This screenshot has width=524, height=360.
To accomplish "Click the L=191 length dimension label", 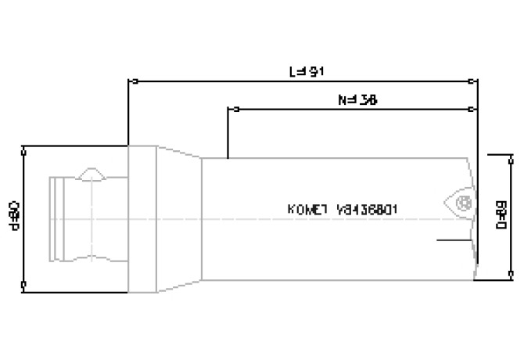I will point(306,71).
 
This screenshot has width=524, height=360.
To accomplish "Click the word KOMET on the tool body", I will point(307,210).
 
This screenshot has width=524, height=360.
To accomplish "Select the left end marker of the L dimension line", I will point(128,80).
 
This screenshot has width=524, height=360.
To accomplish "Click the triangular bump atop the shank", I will point(93,171).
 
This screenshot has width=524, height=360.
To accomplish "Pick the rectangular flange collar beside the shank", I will point(142,219).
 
